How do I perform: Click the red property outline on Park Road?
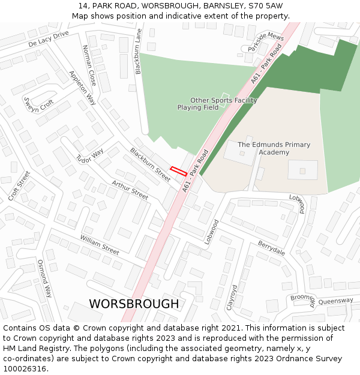coord(178,171)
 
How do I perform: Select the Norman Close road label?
coord(89,65)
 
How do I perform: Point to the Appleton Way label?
coord(82,88)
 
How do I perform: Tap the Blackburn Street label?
coord(151,165)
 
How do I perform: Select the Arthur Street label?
coord(130,190)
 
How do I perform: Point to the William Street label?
coord(100,244)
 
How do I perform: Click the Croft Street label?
coord(19,186)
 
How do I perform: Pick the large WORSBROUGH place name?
coord(134,304)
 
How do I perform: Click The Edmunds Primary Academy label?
coord(274,148)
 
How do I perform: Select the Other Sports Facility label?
coord(223,100)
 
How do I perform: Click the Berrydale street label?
coord(271,248)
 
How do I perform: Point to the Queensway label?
coord(336,301)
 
